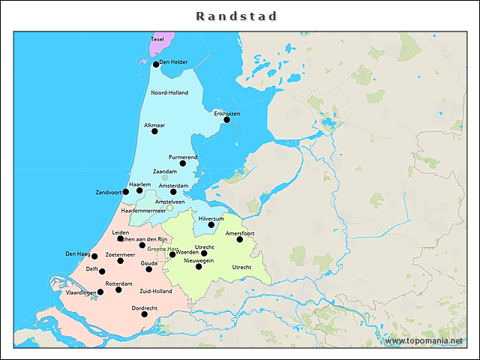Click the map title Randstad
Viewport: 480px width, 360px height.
coord(237,16)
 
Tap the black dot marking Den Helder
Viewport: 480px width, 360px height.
coord(156,64)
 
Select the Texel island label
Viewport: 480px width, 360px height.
coord(157,39)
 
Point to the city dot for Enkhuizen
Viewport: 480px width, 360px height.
coord(227,119)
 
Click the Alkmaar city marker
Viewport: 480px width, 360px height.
coord(154,131)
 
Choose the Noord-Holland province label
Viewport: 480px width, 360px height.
coord(169,92)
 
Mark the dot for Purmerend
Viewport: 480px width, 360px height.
coord(182,163)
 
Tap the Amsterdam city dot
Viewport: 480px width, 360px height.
coord(173,192)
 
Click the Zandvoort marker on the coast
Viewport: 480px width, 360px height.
coord(125,192)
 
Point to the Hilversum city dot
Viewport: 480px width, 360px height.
coord(211,224)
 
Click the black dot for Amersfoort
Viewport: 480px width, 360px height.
coord(240,239)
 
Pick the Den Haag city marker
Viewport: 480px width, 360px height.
coord(94,256)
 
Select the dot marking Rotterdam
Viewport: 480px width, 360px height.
coord(118,289)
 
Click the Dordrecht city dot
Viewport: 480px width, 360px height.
coord(145,314)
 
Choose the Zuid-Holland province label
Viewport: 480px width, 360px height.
coord(155,291)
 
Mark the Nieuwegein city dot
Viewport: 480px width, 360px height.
coord(199,266)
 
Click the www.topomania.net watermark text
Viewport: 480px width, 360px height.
coord(424,341)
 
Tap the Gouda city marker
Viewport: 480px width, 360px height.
coord(148,269)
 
